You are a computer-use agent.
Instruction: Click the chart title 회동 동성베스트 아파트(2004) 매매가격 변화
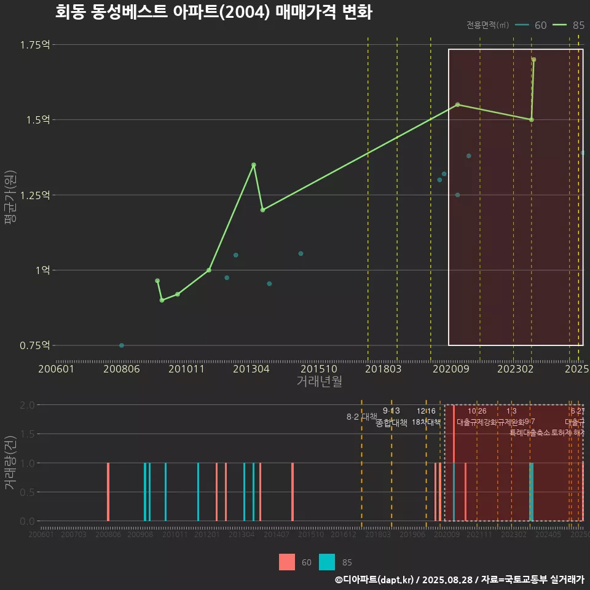pyautogui.click(x=213, y=12)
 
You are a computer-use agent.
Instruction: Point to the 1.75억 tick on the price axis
pyautogui.click(x=34, y=45)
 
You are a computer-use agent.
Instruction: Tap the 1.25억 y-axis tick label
pyautogui.click(x=34, y=195)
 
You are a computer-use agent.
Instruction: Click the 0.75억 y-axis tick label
pyautogui.click(x=34, y=345)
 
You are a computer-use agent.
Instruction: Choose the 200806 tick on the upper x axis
pyautogui.click(x=122, y=369)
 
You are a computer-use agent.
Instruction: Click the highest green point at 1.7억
pyautogui.click(x=534, y=60)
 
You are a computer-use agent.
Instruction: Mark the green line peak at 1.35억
pyautogui.click(x=254, y=165)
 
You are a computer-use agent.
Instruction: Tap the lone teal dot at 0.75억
pyautogui.click(x=122, y=345)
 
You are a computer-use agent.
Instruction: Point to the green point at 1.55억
pyautogui.click(x=458, y=104)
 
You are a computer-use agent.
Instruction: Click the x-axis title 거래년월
pyautogui.click(x=320, y=382)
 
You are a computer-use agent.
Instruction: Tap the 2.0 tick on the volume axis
pyautogui.click(x=27, y=405)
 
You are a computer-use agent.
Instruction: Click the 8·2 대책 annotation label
pyautogui.click(x=361, y=417)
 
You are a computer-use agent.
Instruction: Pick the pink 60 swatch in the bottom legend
pyautogui.click(x=287, y=562)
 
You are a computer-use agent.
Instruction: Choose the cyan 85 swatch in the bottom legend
pyautogui.click(x=328, y=562)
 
